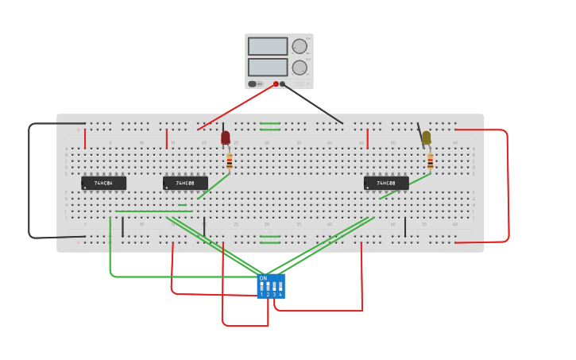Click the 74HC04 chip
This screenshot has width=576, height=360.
coord(103,184)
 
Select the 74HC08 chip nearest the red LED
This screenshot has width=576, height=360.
coord(185,184)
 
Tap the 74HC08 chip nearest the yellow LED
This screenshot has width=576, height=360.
coord(386,184)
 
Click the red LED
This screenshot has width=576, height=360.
coord(226,137)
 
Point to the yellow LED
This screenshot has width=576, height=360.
coord(427,137)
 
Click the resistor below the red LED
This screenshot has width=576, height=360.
coord(230,161)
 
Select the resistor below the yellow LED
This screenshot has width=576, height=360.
coord(431,161)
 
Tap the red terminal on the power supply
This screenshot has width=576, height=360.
coord(276,83)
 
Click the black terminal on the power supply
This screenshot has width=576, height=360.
coord(282,83)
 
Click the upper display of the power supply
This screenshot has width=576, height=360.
coord(268,47)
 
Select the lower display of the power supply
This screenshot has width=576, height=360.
coord(268,67)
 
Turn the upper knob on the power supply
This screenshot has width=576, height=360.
coord(299,47)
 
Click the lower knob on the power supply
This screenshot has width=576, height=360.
coord(299,68)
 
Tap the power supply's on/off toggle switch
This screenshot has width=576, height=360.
coord(253,83)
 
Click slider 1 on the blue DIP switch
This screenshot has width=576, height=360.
coord(261,287)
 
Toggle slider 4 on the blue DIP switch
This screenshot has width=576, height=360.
coord(280,287)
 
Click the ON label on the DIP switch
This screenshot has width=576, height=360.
coord(263,278)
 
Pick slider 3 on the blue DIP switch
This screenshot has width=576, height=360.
coord(274,287)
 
